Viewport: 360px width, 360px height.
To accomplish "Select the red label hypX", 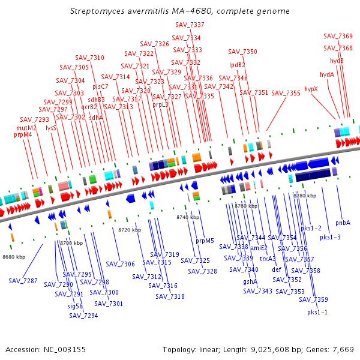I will point(311,89).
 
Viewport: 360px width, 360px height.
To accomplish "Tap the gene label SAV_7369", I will point(338,37).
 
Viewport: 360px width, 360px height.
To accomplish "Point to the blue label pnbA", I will point(343,223).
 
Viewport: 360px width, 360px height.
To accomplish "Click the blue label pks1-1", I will point(318,312).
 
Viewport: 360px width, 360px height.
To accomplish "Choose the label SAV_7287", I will point(23,281).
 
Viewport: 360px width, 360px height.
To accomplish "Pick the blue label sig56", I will point(75,306).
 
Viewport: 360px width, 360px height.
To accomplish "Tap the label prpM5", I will point(205,241).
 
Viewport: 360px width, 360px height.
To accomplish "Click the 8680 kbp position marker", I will point(14,257).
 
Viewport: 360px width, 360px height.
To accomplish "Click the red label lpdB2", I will point(237,65).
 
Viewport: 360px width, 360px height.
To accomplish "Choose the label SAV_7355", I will point(286,93).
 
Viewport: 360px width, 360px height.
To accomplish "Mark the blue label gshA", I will point(250,281).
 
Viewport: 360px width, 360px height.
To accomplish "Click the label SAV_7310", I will point(90,58).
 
